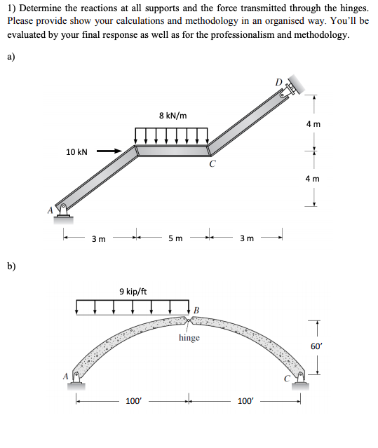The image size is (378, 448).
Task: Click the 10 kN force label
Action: [x=76, y=151]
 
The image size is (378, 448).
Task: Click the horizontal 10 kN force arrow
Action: [x=108, y=150]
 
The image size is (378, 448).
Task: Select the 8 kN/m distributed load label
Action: [x=173, y=114]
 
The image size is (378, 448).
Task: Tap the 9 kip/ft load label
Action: [x=133, y=291]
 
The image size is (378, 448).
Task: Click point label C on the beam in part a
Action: [x=212, y=165]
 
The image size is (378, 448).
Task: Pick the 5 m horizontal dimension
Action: [x=175, y=238]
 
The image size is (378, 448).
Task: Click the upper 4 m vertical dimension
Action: [x=313, y=123]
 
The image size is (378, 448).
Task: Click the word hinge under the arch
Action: [x=189, y=338]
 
